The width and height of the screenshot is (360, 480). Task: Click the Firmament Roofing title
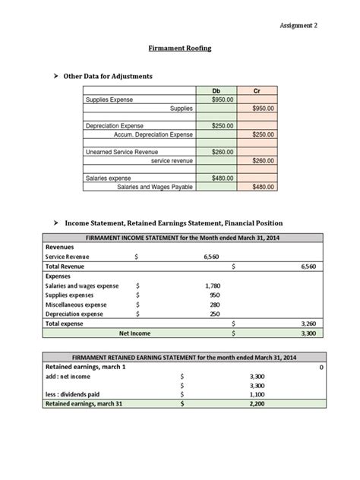point(179,48)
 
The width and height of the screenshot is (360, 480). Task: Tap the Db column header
point(216,90)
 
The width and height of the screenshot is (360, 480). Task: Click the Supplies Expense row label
point(109,99)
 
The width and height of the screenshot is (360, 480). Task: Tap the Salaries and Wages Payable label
point(155,187)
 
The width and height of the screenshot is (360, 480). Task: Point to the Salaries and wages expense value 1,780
point(213,286)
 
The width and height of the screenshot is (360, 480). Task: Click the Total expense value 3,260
point(308,323)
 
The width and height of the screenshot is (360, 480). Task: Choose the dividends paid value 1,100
point(256,395)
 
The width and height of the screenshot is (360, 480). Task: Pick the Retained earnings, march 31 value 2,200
point(256,405)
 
